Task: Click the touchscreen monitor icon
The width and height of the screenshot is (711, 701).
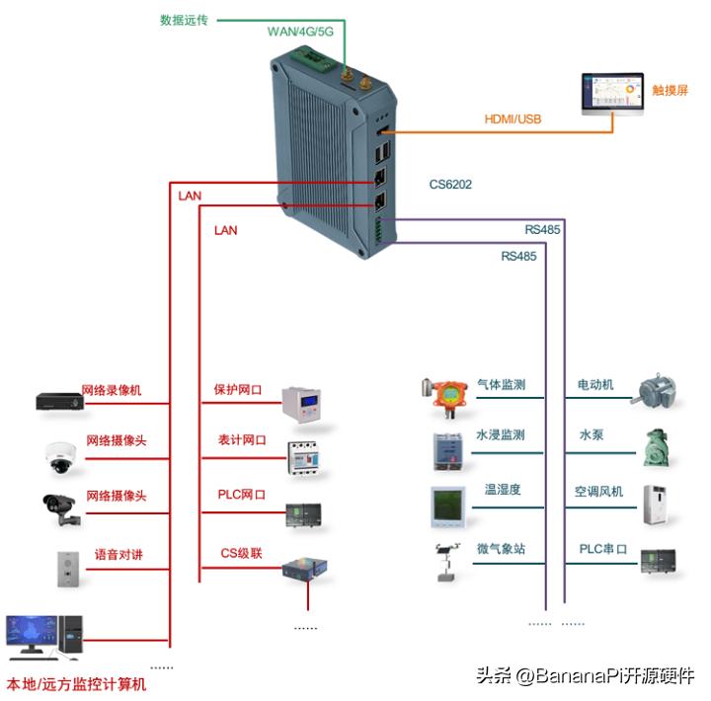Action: [611, 95]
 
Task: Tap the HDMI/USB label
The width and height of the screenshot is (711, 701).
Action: [513, 119]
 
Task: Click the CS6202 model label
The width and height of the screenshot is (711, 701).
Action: [450, 184]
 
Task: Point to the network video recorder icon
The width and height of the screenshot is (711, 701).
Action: [59, 400]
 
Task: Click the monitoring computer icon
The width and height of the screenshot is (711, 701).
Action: [44, 640]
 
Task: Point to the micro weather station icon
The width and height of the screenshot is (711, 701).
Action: [445, 561]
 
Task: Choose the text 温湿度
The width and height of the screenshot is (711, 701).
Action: [502, 490]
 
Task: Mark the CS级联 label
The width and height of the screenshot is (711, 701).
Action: [241, 554]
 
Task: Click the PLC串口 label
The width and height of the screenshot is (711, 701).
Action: [602, 549]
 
